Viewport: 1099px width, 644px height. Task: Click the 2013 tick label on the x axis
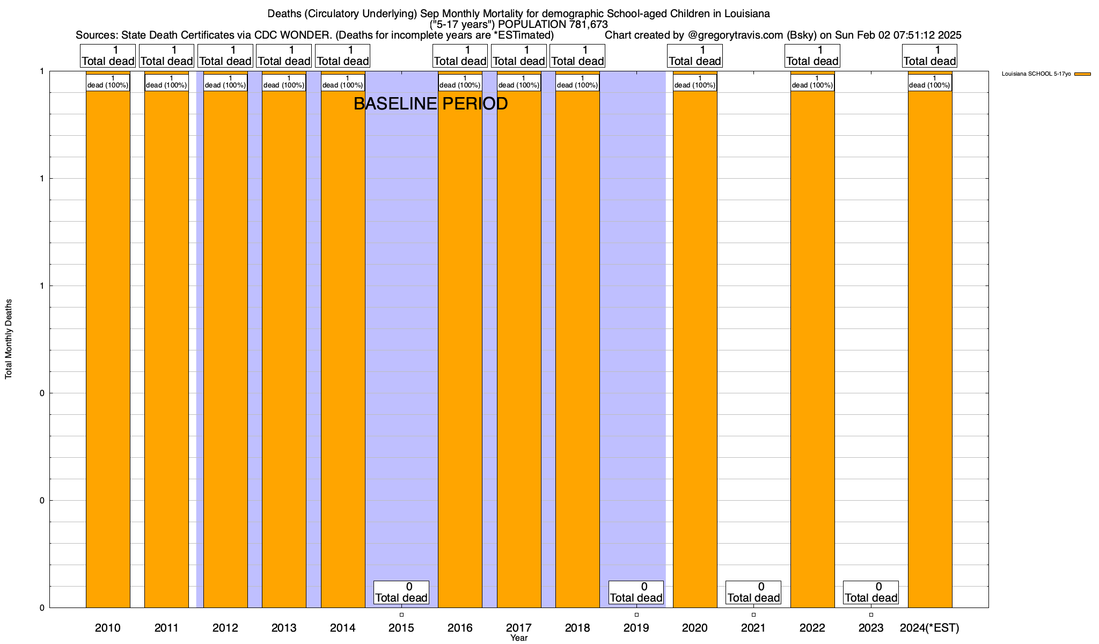point(284,628)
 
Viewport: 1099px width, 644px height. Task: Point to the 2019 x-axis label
point(636,628)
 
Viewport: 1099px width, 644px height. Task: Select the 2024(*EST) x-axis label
point(929,628)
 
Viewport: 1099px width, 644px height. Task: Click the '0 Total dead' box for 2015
point(401,592)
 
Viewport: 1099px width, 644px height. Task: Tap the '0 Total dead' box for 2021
point(753,592)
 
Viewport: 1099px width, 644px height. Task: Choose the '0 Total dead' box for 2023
point(871,592)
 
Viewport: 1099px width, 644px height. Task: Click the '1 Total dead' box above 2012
point(225,56)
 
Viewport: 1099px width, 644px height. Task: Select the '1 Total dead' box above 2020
point(695,56)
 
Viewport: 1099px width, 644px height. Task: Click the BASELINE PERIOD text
point(430,104)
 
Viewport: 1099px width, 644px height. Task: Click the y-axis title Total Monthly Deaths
point(9,339)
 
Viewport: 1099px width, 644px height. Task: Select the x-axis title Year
point(519,638)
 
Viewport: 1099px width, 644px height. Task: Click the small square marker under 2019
point(636,614)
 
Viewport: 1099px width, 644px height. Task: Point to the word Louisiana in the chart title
point(743,13)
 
